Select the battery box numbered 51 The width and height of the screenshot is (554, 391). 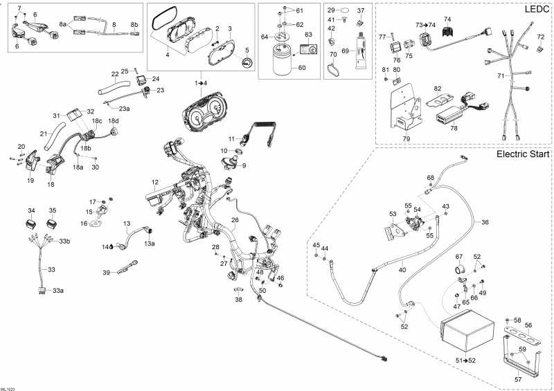click(x=468, y=335)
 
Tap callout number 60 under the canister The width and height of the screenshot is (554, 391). click(x=301, y=68)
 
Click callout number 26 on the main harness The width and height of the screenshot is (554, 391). click(x=235, y=221)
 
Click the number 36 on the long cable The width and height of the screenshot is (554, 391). click(x=485, y=222)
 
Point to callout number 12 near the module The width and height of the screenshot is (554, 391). click(x=156, y=183)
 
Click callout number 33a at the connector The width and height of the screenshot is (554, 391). click(x=57, y=291)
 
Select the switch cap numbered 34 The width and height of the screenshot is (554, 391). click(x=30, y=224)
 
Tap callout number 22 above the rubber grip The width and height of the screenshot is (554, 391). click(x=115, y=74)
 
